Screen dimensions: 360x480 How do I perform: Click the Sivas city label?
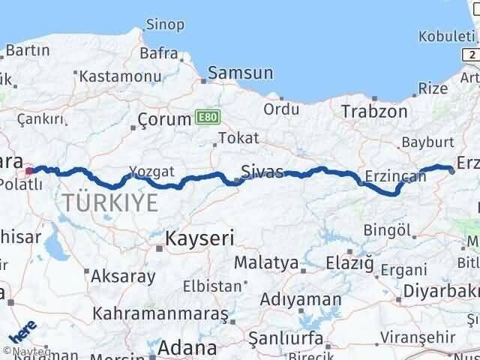(x=263, y=172)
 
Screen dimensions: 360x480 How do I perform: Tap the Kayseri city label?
(x=199, y=239)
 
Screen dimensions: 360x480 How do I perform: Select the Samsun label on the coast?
(x=240, y=73)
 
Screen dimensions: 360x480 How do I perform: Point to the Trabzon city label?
(x=374, y=112)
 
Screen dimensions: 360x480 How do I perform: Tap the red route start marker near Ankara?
(x=29, y=170)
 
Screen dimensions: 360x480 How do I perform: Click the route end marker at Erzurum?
(x=452, y=171)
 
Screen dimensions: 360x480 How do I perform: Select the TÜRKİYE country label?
(x=110, y=202)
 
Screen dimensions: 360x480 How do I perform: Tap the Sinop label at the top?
(x=165, y=25)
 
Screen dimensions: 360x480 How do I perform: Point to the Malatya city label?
(x=265, y=263)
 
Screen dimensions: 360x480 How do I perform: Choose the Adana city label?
(x=187, y=348)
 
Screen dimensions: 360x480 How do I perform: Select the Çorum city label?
(x=166, y=119)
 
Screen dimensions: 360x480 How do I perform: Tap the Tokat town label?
(x=238, y=138)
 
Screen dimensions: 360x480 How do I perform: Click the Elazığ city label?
(x=349, y=262)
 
